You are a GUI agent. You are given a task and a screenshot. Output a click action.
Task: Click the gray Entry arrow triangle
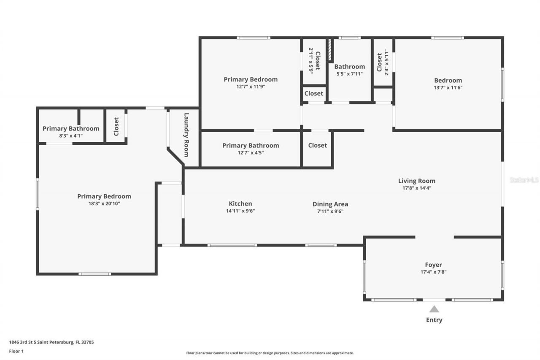coord(434,309)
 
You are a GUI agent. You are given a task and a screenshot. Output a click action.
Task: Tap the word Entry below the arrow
coord(434,320)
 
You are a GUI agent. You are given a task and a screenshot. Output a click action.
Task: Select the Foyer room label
coord(433,265)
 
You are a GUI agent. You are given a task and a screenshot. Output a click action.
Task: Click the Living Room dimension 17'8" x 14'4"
coord(416,188)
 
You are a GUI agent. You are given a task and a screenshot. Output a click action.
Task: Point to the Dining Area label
coord(330,204)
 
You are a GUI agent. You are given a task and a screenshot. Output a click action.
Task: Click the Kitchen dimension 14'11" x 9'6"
coord(240,211)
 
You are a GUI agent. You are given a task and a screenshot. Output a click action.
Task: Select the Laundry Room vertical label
coord(186,135)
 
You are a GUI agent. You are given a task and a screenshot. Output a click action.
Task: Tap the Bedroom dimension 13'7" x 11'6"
coord(448,88)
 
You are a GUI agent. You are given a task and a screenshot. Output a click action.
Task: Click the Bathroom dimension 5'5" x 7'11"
coord(349,74)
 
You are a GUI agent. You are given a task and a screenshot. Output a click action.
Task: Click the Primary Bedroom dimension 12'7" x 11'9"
coord(250,87)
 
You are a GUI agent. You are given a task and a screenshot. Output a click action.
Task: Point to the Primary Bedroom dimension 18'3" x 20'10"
coord(104,203)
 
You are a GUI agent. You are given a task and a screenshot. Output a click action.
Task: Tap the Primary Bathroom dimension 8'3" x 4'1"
coord(70,136)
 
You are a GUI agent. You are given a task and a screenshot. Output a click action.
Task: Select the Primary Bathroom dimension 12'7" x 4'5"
coord(251,153)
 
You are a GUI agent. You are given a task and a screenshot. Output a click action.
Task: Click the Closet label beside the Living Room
coord(317,145)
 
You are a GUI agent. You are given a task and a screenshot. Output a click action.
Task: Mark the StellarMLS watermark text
coord(524,180)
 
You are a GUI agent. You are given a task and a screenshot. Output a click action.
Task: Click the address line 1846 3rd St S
coord(51,342)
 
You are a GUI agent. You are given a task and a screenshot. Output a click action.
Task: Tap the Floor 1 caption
coord(16,351)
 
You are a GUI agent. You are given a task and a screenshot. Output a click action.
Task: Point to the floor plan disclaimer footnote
coord(270,353)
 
